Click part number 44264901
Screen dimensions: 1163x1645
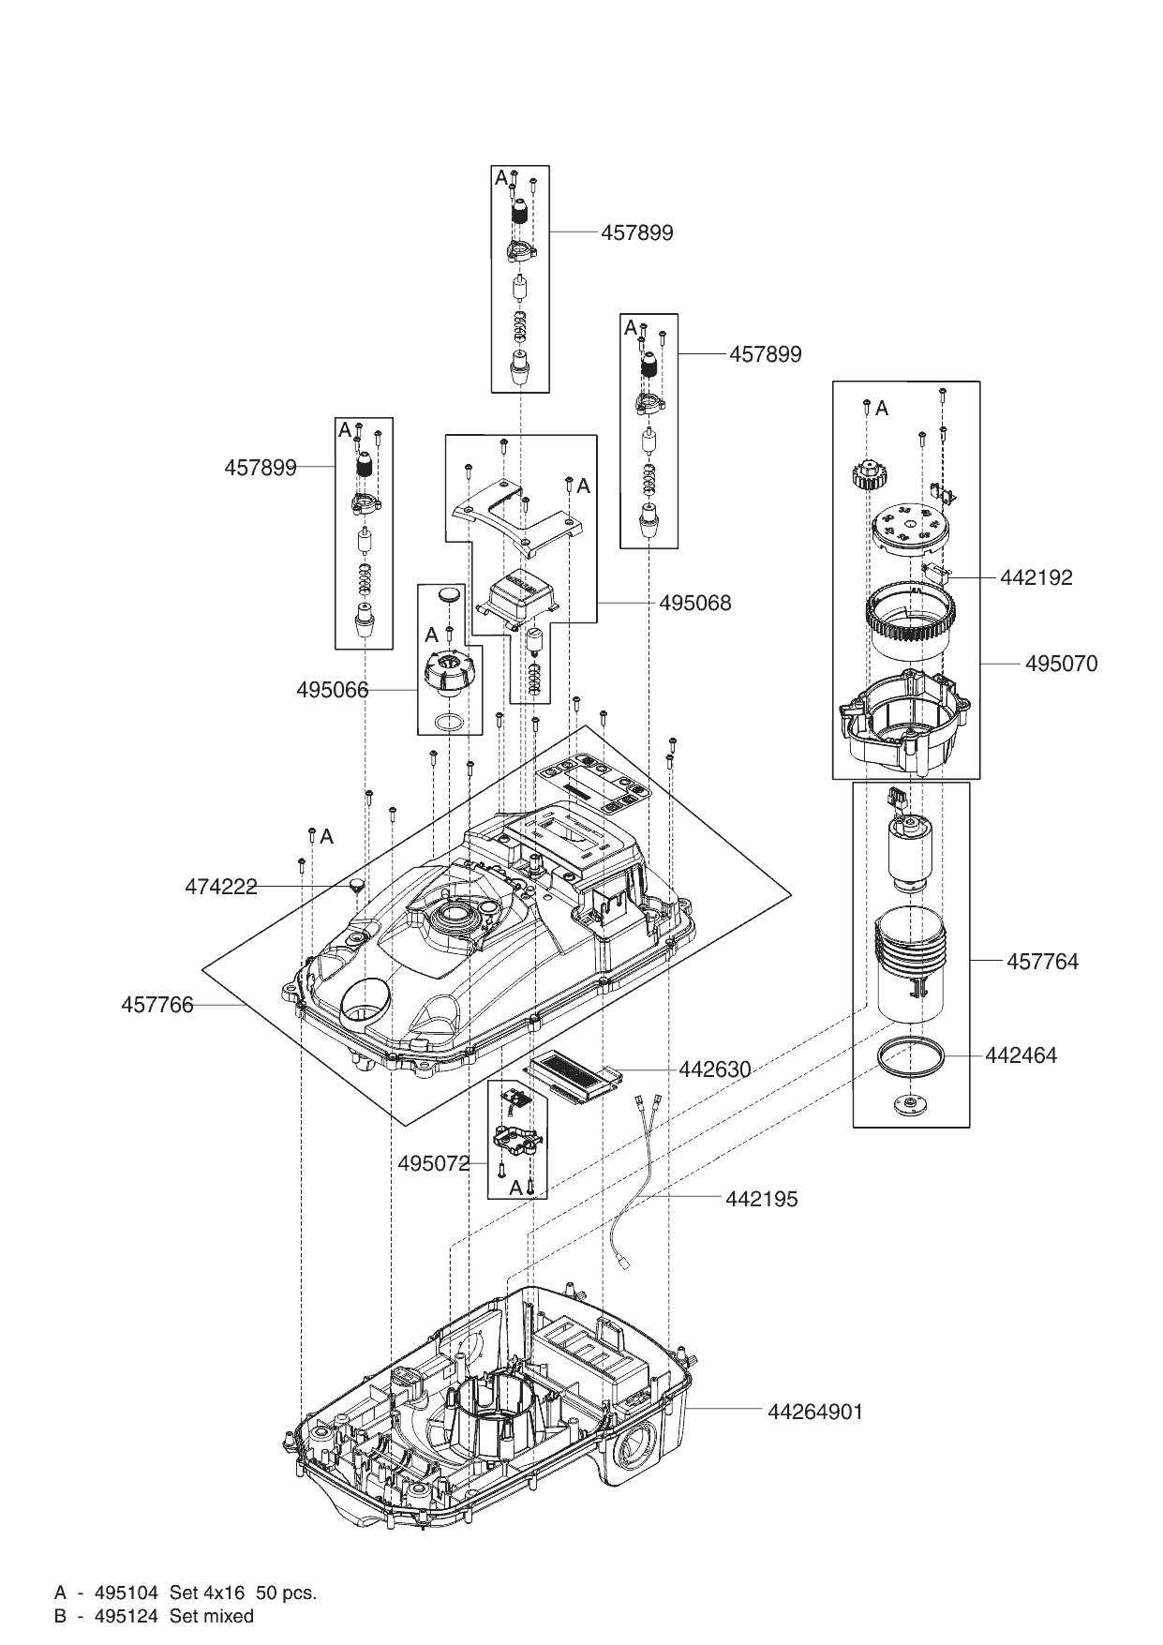pos(815,1412)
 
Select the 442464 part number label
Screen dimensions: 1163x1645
pos(1021,1055)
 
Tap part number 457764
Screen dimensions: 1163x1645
pos(1042,962)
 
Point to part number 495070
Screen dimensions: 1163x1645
pos(1061,664)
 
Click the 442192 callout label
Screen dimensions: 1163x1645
pos(1036,577)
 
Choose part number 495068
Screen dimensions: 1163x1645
pos(694,603)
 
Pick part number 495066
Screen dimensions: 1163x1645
pos(333,691)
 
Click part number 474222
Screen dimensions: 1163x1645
pos(221,887)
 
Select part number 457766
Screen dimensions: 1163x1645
pos(157,1005)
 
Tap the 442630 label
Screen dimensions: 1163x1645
pos(715,1069)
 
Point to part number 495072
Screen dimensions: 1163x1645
pos(434,1164)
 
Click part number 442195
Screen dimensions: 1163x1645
pos(761,1200)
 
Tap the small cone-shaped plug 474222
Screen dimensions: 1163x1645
pos(357,885)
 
